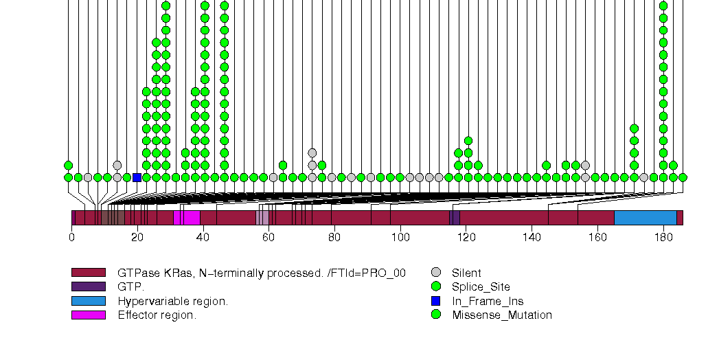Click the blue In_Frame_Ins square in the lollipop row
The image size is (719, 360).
tap(137, 177)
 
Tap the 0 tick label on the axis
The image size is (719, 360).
tap(71, 237)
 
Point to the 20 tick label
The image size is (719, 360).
tap(137, 237)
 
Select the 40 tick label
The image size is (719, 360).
tap(203, 237)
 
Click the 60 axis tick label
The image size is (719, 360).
tap(269, 237)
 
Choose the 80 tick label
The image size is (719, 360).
tap(334, 237)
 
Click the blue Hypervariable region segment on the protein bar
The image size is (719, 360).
tap(645, 218)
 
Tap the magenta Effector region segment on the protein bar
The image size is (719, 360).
tap(187, 218)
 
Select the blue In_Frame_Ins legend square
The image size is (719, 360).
tap(435, 301)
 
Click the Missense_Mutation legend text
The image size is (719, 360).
tap(502, 315)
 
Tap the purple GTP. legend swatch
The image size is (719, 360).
tap(89, 287)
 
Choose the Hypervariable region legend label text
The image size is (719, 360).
tap(172, 302)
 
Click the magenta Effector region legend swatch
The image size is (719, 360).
tap(89, 315)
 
